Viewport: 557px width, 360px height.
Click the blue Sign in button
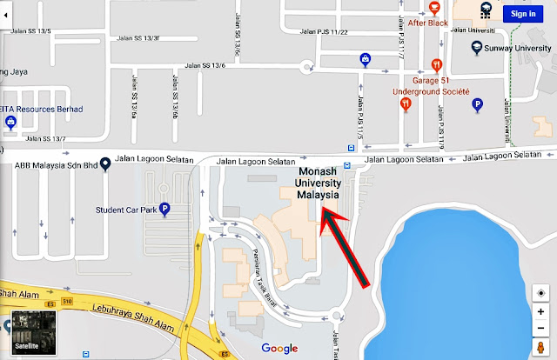[x=523, y=13]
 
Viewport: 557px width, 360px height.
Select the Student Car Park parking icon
[x=164, y=210]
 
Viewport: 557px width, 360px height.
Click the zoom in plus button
[x=540, y=312]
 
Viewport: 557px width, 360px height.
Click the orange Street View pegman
[x=540, y=348]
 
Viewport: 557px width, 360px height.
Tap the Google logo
[x=278, y=348]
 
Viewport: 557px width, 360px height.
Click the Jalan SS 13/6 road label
[x=205, y=66]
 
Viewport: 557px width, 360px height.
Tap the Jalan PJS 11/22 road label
[x=325, y=32]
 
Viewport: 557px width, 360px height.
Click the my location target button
[x=540, y=293]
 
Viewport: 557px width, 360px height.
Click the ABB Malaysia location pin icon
[x=104, y=162]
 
